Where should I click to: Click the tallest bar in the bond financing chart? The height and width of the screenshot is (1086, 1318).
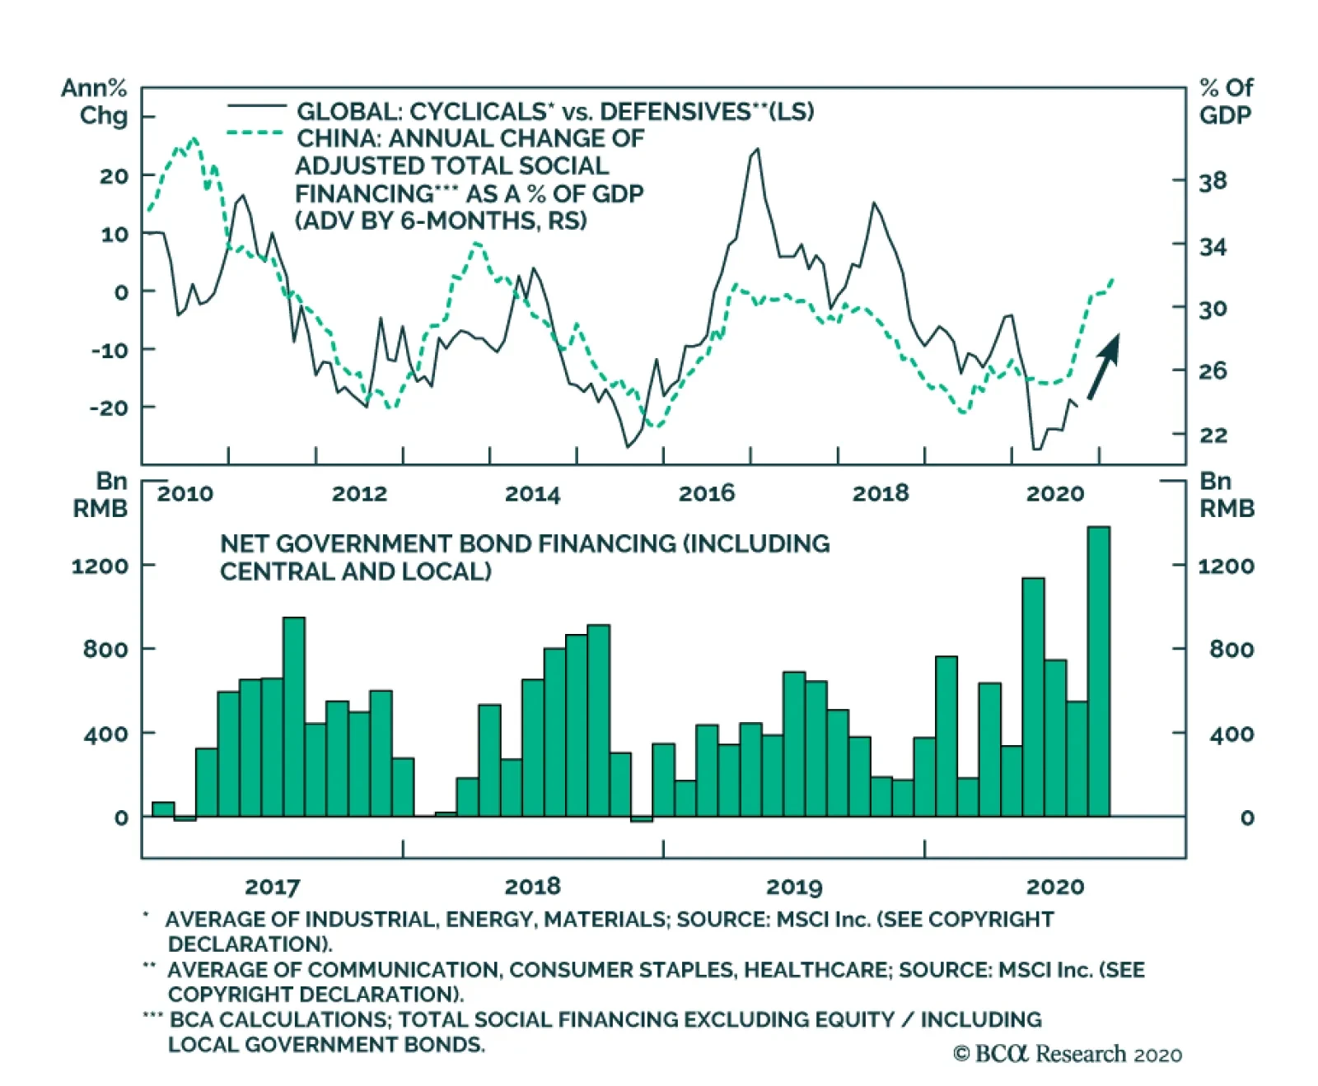click(1098, 671)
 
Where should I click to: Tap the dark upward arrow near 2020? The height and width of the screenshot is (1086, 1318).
click(1104, 366)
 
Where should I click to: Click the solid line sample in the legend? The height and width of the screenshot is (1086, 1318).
click(256, 107)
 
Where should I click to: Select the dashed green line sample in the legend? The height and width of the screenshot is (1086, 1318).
click(256, 133)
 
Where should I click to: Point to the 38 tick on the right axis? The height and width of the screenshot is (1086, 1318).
click(1213, 181)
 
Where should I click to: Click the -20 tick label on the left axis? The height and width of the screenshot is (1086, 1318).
click(110, 408)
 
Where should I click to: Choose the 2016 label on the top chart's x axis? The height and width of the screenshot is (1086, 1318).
click(706, 493)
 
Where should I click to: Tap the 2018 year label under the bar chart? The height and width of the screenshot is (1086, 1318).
click(532, 887)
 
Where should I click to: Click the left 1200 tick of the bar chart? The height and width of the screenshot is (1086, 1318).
click(100, 566)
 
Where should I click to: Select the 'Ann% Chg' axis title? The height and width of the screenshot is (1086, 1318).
click(96, 100)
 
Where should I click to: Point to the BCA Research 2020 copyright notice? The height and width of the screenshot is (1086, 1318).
click(1067, 1054)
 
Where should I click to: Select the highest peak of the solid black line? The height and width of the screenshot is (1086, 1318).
click(757, 150)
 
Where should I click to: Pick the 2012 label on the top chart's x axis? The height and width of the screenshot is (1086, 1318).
click(359, 493)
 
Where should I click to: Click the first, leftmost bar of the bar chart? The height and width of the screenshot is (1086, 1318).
click(163, 809)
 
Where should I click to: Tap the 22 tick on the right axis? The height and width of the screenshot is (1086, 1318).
click(1213, 435)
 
